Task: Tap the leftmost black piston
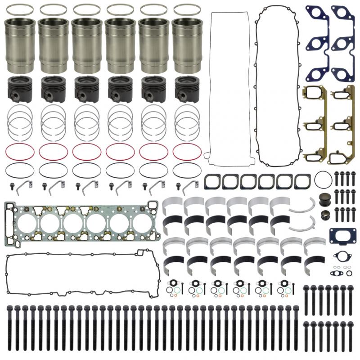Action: pos(20,89)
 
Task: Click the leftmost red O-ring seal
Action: pos(20,152)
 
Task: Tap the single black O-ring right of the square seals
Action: pos(324,180)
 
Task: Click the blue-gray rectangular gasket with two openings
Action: pos(339,236)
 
